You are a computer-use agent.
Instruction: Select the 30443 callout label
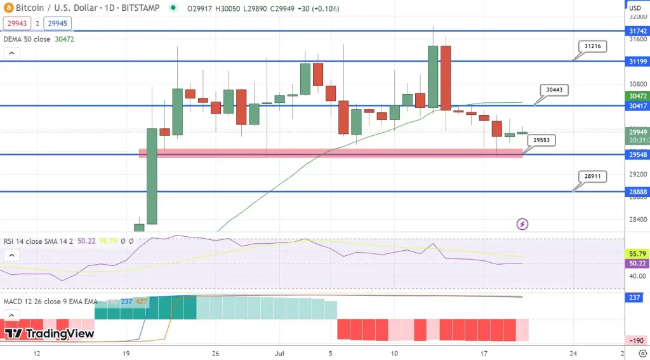point(554,90)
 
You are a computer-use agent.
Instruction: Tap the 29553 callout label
point(541,140)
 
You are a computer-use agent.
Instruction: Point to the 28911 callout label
point(592,177)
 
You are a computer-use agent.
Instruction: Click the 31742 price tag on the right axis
point(637,30)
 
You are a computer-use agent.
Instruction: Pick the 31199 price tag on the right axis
point(637,62)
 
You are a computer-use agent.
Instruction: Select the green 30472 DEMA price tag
point(637,96)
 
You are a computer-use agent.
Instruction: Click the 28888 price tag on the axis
point(637,192)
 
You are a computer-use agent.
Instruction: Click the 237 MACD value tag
point(634,297)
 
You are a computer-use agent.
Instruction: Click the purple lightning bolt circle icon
point(522,224)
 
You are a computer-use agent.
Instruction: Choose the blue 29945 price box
point(57,23)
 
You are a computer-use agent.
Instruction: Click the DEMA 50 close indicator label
point(27,39)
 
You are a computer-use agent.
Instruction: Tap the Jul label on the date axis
point(279,352)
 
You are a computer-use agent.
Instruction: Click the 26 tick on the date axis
point(215,352)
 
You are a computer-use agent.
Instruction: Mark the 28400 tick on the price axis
point(637,220)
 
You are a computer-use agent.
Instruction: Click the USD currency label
point(635,8)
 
